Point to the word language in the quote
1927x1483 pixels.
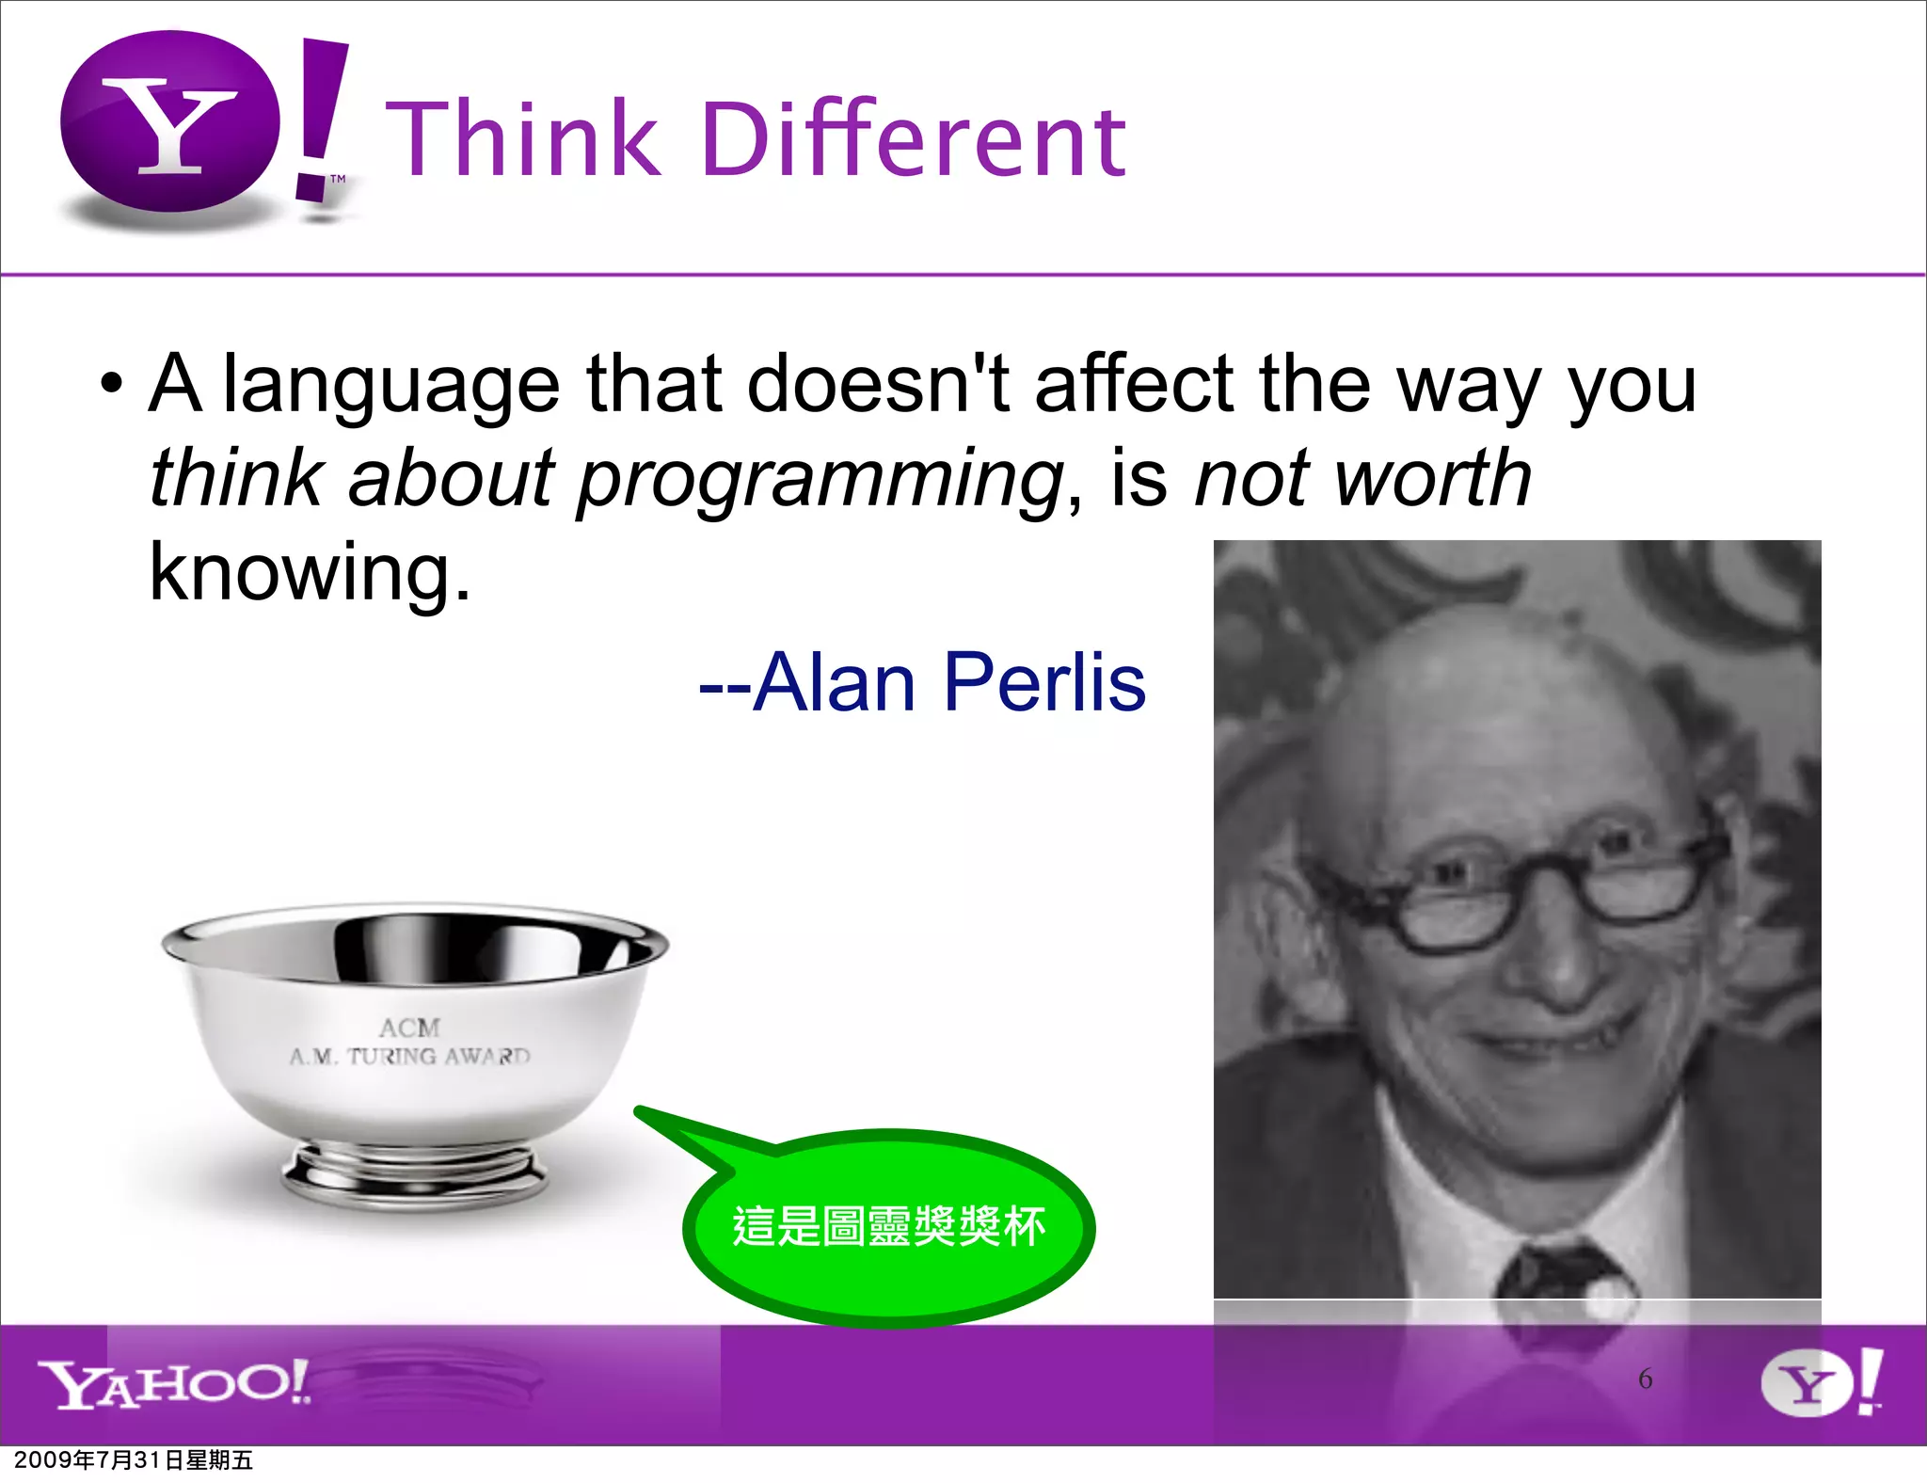[x=390, y=386]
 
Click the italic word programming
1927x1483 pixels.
[x=819, y=480]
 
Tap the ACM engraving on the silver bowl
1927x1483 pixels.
[x=409, y=1028]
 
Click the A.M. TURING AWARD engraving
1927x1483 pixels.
[x=410, y=1057]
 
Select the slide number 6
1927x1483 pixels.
[x=1645, y=1379]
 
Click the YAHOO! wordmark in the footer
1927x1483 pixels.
[x=174, y=1383]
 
